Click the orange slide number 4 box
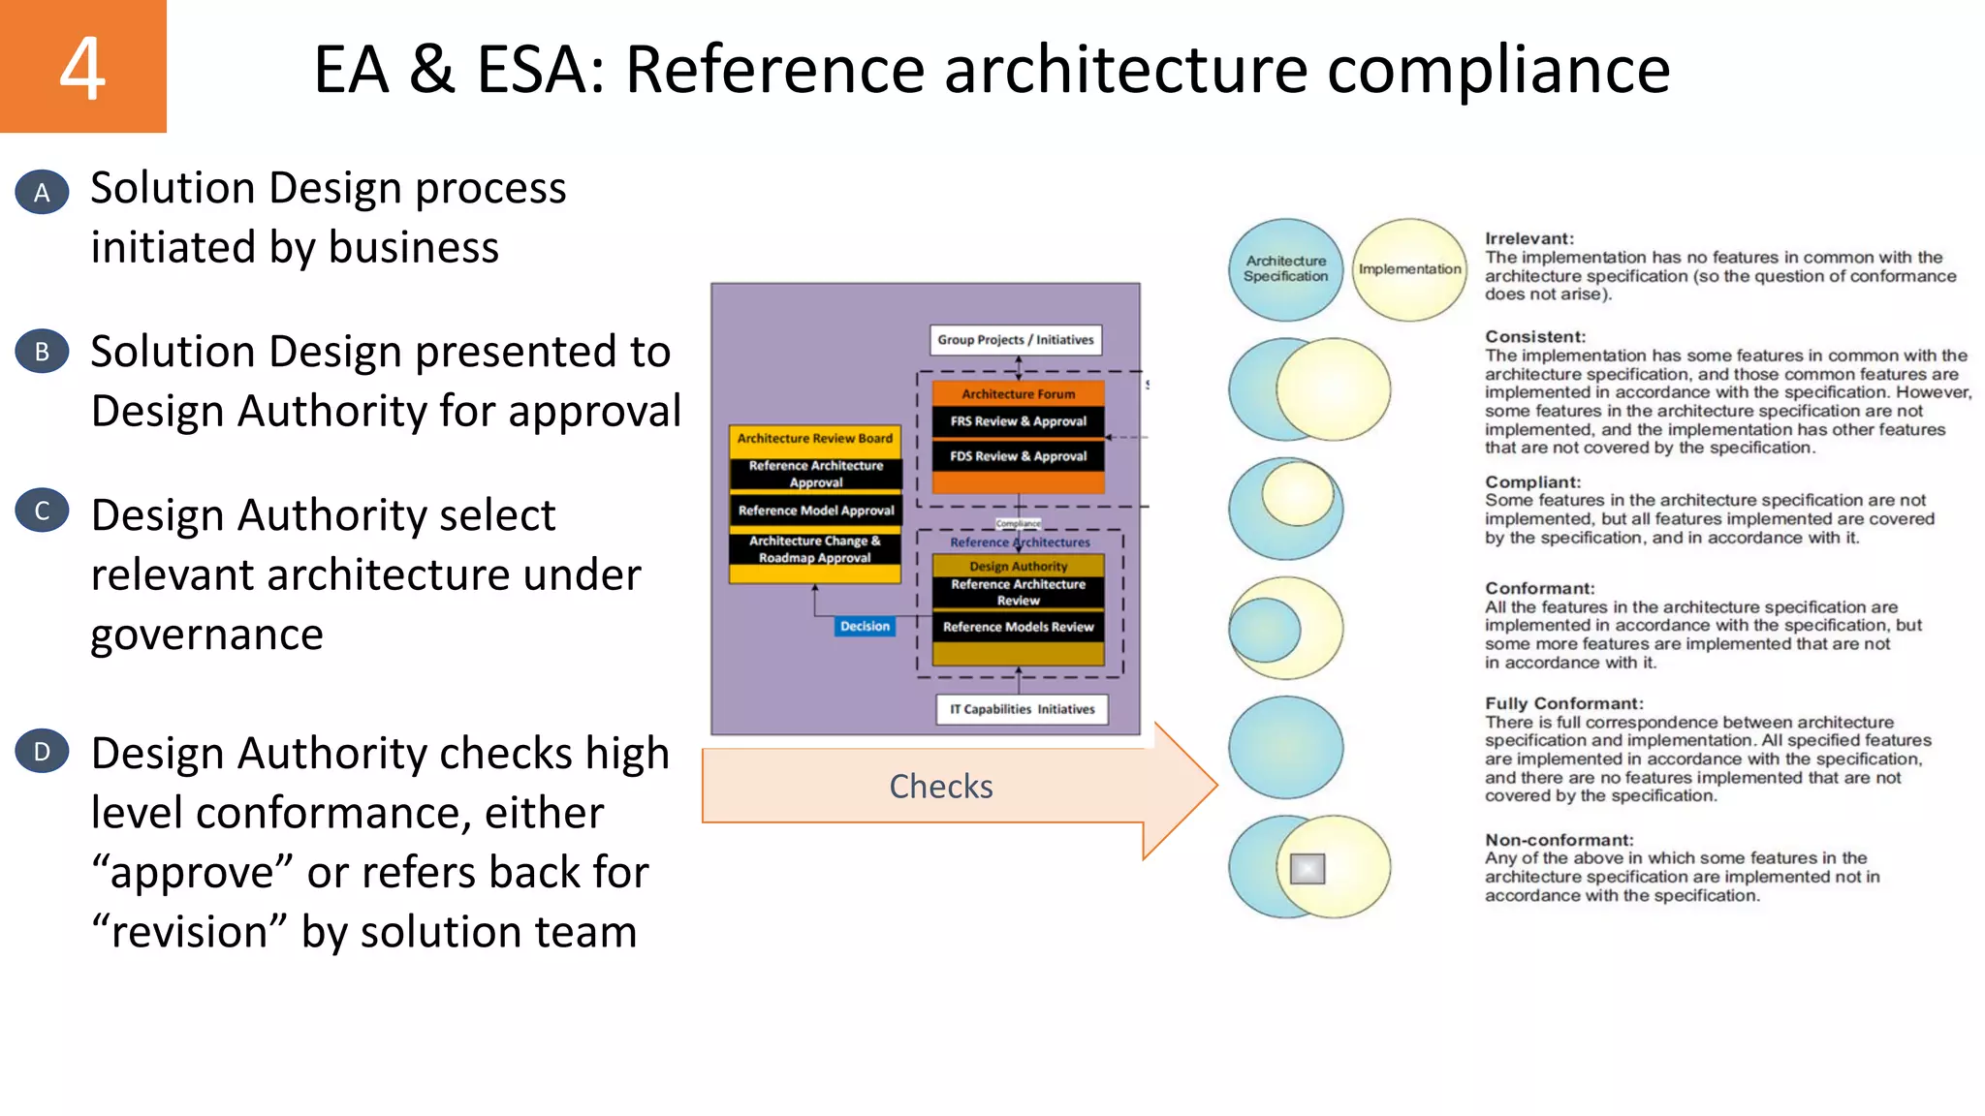click(x=82, y=66)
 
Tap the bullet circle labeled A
click(x=42, y=192)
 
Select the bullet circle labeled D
click(x=42, y=752)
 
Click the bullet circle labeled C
click(x=42, y=511)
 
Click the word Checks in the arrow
click(x=940, y=787)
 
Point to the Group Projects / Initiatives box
click(x=1015, y=340)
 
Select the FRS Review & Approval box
click(x=1018, y=421)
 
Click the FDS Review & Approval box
click(x=1018, y=456)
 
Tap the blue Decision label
click(x=865, y=627)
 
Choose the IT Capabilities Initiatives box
click(x=1022, y=709)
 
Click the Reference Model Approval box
click(x=815, y=511)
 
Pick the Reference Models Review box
click(x=1018, y=627)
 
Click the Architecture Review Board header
click(x=814, y=439)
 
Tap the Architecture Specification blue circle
click(x=1285, y=269)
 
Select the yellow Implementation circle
click(x=1409, y=269)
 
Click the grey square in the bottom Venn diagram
click(x=1307, y=869)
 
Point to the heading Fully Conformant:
click(x=1563, y=703)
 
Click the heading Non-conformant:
click(x=1559, y=840)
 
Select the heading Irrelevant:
click(x=1529, y=238)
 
